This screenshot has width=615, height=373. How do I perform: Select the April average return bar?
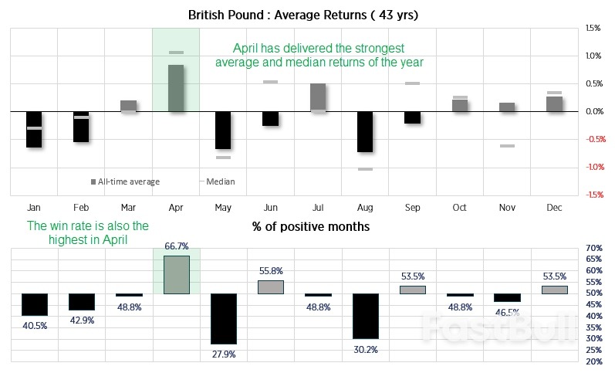click(x=176, y=88)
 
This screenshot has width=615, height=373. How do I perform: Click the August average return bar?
click(x=365, y=131)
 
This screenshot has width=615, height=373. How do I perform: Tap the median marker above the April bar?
click(x=176, y=53)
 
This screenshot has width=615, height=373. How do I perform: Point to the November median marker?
click(x=507, y=145)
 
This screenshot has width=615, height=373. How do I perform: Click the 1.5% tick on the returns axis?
click(x=593, y=28)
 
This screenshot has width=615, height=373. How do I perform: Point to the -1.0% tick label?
click(x=593, y=167)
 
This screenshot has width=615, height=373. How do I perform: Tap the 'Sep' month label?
click(x=412, y=208)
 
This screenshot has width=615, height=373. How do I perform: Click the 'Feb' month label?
click(x=81, y=208)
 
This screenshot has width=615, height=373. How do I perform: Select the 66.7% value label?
click(x=177, y=246)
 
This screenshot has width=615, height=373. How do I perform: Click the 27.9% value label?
click(x=224, y=354)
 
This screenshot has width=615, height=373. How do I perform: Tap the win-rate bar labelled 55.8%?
click(x=271, y=287)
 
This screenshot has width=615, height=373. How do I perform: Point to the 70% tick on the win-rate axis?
click(x=594, y=248)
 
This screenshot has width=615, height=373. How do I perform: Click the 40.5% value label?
click(x=35, y=326)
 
